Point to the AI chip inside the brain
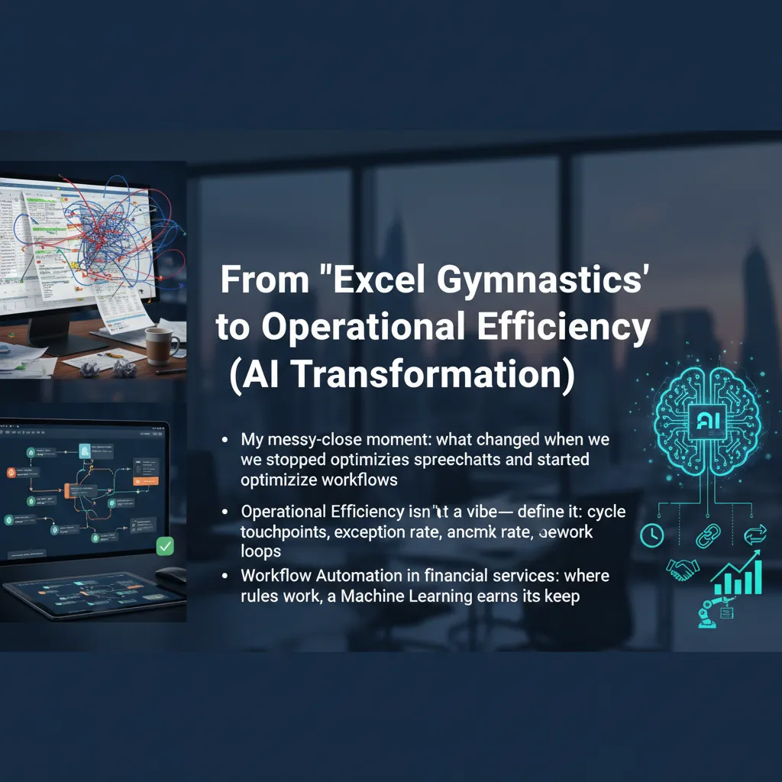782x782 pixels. [x=704, y=419]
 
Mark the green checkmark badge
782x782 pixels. [x=164, y=546]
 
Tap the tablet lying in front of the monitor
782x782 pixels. [x=84, y=595]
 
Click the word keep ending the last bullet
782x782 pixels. [x=563, y=596]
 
